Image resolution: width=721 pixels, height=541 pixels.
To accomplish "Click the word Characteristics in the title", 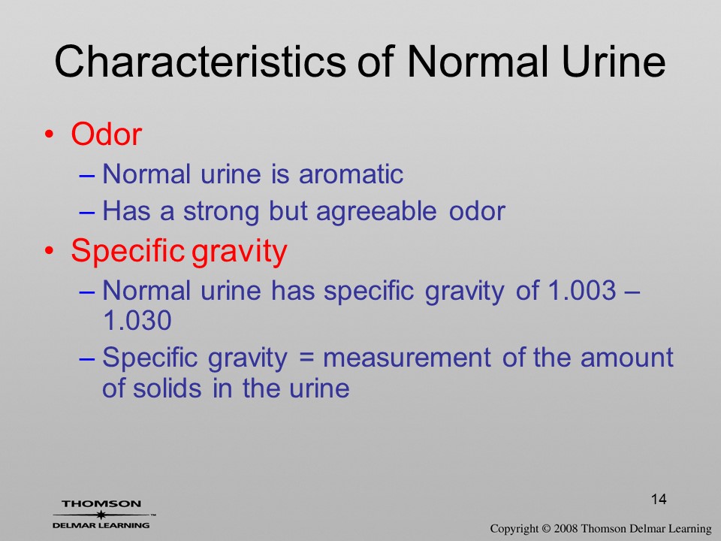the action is [x=200, y=61].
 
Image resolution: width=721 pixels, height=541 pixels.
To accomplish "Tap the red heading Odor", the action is [x=106, y=134].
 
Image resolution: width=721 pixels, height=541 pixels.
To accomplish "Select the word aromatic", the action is [x=351, y=174].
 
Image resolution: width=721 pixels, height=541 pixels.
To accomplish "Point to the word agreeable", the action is [x=376, y=212].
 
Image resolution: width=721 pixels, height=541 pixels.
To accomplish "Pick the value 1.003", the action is [x=582, y=290].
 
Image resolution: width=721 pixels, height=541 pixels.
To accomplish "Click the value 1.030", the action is [x=137, y=320].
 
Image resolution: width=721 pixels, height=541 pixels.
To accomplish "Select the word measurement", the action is [x=407, y=358].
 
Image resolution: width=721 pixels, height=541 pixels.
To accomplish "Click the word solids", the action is [x=167, y=388].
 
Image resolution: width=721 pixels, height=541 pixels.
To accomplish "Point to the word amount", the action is [x=626, y=358].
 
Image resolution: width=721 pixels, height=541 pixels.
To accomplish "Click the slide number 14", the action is [x=659, y=499].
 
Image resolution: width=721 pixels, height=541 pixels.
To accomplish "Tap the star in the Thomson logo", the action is [x=101, y=514].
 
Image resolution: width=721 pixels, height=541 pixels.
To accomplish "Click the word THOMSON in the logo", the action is [x=101, y=503].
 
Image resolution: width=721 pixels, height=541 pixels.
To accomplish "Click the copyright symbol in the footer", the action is [x=546, y=529].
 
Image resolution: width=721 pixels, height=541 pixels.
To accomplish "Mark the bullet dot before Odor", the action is [x=49, y=134].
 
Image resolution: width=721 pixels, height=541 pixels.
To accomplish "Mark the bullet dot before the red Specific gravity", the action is [x=49, y=251].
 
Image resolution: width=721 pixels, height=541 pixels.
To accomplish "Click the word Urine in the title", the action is [x=614, y=61].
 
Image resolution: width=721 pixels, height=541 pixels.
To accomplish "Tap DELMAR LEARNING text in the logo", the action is [x=101, y=525].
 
